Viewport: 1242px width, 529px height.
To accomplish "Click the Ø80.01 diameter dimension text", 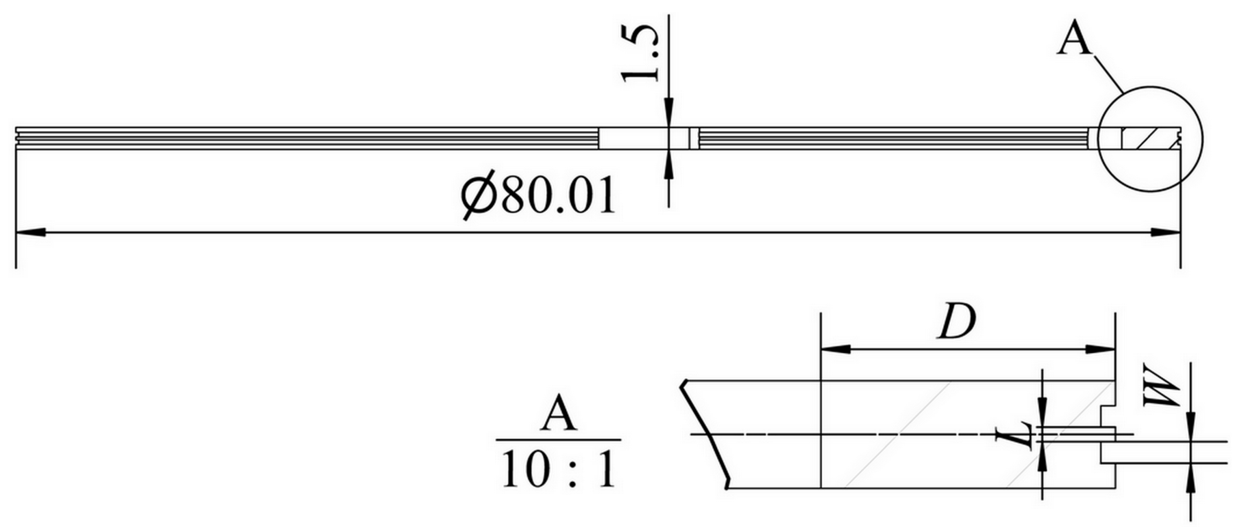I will click(538, 196).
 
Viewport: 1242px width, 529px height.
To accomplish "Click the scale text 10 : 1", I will click(559, 471).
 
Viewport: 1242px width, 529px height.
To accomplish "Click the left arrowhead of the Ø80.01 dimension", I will click(31, 233).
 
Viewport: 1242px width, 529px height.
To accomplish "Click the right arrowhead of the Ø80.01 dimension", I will click(1166, 233).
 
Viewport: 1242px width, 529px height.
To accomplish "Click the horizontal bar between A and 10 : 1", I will click(558, 440).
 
